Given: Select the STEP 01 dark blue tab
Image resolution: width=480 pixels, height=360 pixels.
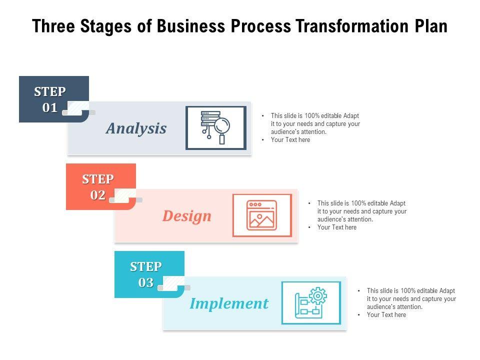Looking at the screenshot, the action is coord(50,99).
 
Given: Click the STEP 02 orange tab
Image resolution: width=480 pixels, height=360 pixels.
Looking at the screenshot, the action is coord(98,186).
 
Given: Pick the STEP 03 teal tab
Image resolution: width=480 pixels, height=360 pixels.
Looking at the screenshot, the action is coord(146,274).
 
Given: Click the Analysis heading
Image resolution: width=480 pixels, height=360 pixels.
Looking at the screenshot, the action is coord(136,128).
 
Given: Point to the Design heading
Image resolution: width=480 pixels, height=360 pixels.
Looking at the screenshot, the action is coord(187,216).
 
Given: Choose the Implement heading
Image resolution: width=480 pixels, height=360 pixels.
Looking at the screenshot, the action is coord(229,303).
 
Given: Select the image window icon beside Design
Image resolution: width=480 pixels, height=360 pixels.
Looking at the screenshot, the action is coord(261,215).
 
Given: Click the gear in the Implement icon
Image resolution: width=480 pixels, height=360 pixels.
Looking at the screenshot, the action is coord(317,296).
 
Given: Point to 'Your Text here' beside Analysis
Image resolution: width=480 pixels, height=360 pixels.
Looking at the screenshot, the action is coord(290,140).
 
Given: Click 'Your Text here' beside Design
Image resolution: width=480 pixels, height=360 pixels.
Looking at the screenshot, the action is coord(337,227).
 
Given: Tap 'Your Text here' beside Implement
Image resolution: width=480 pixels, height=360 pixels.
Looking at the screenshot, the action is coord(386,315).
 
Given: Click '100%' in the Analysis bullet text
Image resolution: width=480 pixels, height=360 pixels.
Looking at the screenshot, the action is coord(312,115).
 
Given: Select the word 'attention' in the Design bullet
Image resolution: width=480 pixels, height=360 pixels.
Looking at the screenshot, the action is coord(359,219).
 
